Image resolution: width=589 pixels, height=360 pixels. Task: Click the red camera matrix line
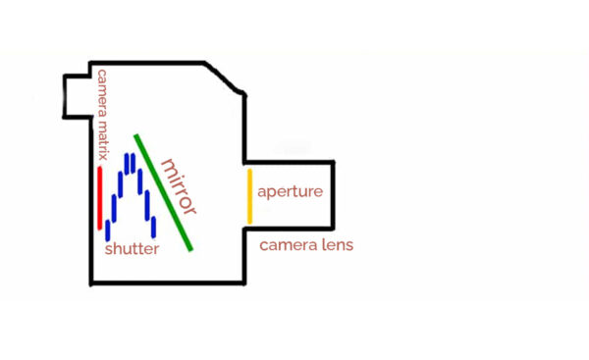click(x=99, y=197)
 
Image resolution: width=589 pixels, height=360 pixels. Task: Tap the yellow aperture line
click(x=249, y=194)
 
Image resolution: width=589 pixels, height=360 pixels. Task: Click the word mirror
click(x=179, y=185)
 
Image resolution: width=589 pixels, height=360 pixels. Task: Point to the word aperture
click(x=290, y=191)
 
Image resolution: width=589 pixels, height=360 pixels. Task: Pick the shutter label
click(x=132, y=249)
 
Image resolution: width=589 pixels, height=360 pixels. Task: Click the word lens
click(x=335, y=244)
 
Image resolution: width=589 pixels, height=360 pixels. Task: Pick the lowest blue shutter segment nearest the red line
click(x=107, y=231)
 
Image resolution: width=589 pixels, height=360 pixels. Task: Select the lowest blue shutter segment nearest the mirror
click(x=152, y=227)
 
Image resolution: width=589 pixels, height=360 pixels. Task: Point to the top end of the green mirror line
click(x=136, y=135)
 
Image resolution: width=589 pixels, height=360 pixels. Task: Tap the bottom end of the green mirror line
click(x=191, y=249)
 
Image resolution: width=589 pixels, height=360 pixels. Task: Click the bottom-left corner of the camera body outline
click(x=90, y=284)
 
